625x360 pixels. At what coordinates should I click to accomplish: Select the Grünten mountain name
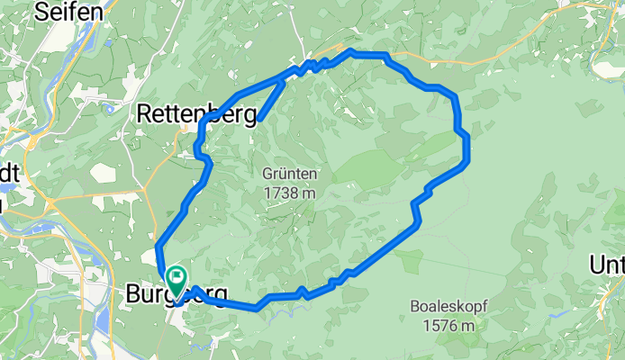pos(290,174)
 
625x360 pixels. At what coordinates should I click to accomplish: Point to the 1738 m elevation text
pos(290,193)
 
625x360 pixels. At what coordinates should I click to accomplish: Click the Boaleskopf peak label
pos(448,306)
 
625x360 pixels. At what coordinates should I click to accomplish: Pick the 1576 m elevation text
pos(448,325)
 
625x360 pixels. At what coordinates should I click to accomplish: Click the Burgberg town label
pos(176,293)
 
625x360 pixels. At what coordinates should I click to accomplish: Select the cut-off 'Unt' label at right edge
pos(607,264)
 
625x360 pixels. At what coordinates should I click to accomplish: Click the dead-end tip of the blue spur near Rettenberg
pos(259,118)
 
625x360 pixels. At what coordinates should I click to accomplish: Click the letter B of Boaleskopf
pos(414,306)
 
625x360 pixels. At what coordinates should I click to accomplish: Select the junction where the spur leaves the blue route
pos(284,81)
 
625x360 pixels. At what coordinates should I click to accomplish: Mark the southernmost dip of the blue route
pos(258,309)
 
